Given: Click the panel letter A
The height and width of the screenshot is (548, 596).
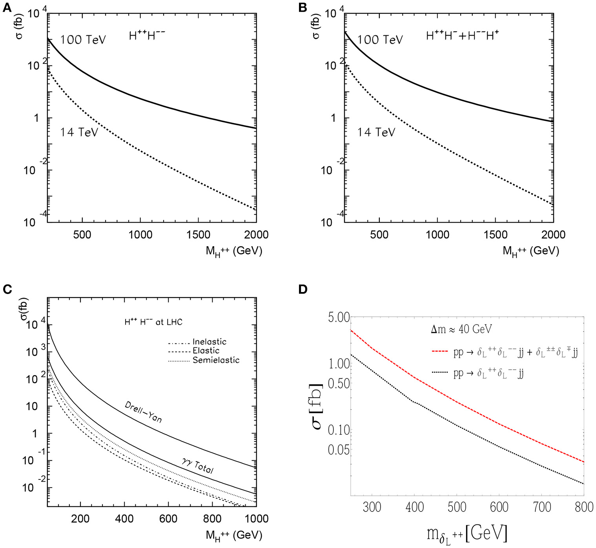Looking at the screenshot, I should pyautogui.click(x=7, y=8).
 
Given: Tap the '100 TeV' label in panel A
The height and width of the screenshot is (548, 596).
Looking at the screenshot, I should pyautogui.click(x=83, y=40).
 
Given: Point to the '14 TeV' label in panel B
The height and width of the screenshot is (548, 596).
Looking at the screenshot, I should pyautogui.click(x=375, y=132).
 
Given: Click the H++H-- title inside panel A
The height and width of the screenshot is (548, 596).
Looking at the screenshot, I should pyautogui.click(x=147, y=36).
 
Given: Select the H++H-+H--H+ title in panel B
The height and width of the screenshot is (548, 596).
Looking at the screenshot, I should pyautogui.click(x=462, y=36).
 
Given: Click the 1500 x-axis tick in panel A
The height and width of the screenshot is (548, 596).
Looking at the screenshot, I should pyautogui.click(x=198, y=235).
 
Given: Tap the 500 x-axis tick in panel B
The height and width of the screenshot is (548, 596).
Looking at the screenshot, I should pyautogui.click(x=379, y=235).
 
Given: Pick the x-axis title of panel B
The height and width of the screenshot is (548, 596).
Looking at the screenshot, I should pyautogui.click(x=530, y=251).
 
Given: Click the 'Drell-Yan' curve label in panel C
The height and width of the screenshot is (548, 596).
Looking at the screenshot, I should pyautogui.click(x=143, y=412).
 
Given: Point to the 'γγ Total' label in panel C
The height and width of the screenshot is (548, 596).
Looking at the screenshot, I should pyautogui.click(x=197, y=465).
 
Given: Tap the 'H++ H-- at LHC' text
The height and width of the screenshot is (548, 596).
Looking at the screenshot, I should pyautogui.click(x=153, y=322).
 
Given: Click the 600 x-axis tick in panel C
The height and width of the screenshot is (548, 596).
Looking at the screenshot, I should pyautogui.click(x=168, y=519).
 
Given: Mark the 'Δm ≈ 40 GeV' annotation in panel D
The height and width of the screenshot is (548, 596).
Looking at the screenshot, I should pyautogui.click(x=461, y=329).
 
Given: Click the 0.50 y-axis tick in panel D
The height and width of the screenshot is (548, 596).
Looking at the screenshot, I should pyautogui.click(x=339, y=383).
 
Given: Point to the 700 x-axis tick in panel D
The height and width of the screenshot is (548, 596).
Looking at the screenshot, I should pyautogui.click(x=541, y=507).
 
